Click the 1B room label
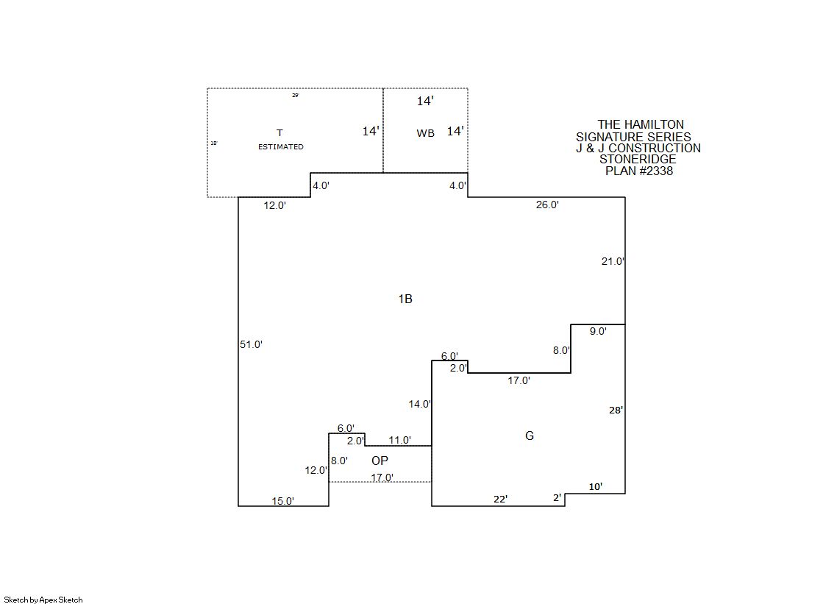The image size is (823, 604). [x=405, y=299]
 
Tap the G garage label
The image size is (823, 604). [x=530, y=436]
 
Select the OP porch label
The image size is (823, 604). [x=380, y=461]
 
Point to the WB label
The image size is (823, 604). [x=426, y=133]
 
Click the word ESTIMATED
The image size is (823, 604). [x=281, y=146]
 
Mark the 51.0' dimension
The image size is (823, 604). [x=252, y=344]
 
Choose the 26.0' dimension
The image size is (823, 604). [x=547, y=205]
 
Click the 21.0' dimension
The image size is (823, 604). [x=613, y=261]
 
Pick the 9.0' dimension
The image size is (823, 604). [x=598, y=331]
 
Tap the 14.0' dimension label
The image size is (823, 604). [x=420, y=404]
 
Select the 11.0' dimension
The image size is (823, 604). [x=400, y=440]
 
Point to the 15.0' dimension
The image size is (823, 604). [x=283, y=501]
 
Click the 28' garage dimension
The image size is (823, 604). [x=616, y=411]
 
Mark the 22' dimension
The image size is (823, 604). [x=501, y=499]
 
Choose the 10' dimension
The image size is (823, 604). [x=596, y=487]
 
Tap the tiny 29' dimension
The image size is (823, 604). [x=296, y=96]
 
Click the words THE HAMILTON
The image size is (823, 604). [x=641, y=124]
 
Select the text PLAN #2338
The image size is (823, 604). [x=639, y=171]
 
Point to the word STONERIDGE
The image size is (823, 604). [x=638, y=159]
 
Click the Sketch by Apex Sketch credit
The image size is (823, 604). [x=43, y=600]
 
